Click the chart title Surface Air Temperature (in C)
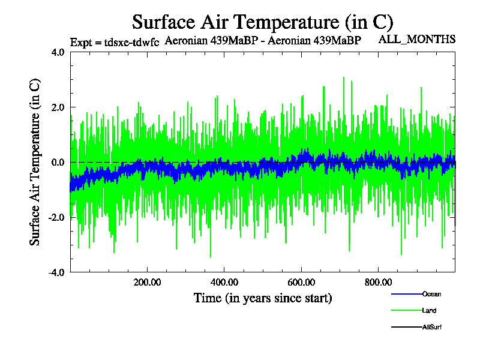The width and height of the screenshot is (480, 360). [262, 22]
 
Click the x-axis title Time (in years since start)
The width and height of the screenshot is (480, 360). [263, 298]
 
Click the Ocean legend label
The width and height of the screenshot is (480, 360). [432, 294]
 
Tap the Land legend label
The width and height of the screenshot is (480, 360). [429, 311]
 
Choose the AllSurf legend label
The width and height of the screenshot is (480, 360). [432, 327]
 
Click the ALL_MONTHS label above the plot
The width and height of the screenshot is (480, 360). [416, 40]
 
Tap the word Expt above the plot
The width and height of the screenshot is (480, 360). [81, 43]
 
